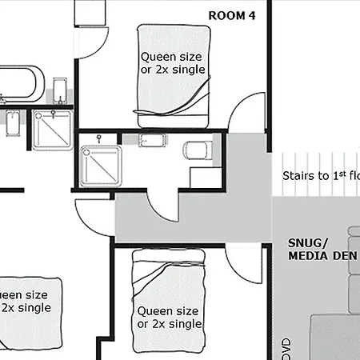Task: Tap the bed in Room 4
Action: pos(174,76)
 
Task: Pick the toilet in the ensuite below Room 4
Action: pos(198,150)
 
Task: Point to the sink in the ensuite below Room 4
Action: pos(152,142)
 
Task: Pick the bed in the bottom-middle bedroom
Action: pos(170,300)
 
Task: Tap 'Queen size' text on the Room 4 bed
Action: pos(173,57)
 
